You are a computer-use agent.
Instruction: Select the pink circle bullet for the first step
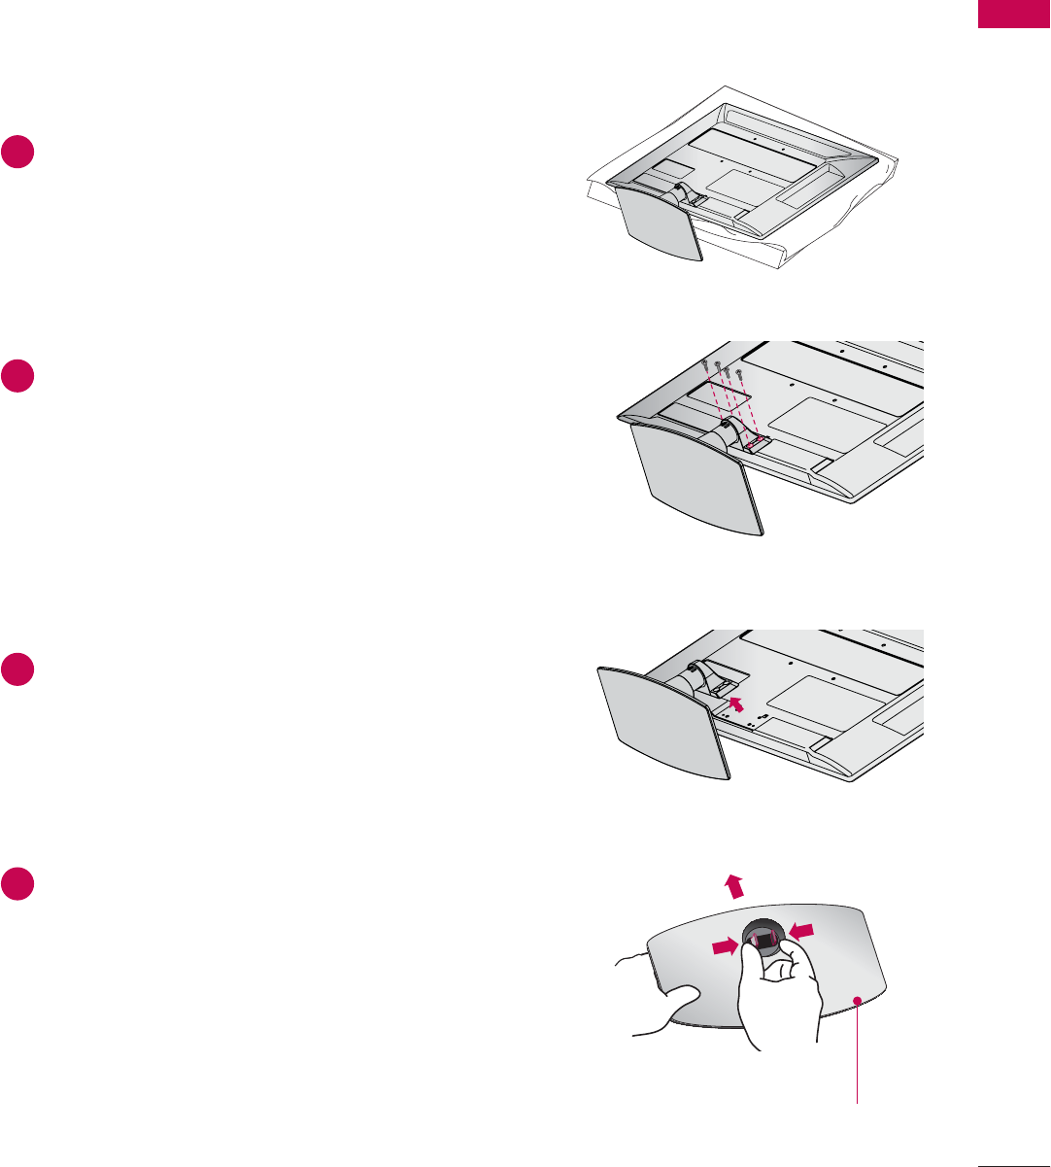pos(18,154)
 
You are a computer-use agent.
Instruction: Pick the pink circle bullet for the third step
pos(18,670)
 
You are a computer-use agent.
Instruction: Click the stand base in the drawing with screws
pos(695,479)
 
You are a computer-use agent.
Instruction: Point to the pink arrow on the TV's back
pos(739,702)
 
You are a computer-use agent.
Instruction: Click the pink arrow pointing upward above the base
pos(735,885)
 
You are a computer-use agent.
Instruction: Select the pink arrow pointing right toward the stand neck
pos(724,945)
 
